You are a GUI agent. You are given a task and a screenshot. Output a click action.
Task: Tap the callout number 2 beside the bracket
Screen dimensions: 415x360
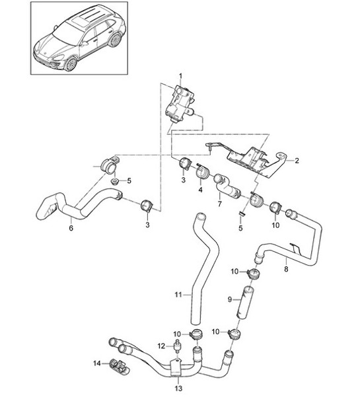297,160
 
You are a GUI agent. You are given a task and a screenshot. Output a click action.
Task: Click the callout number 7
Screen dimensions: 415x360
219,206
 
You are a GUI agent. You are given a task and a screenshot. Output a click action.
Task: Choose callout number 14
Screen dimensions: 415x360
96,364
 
